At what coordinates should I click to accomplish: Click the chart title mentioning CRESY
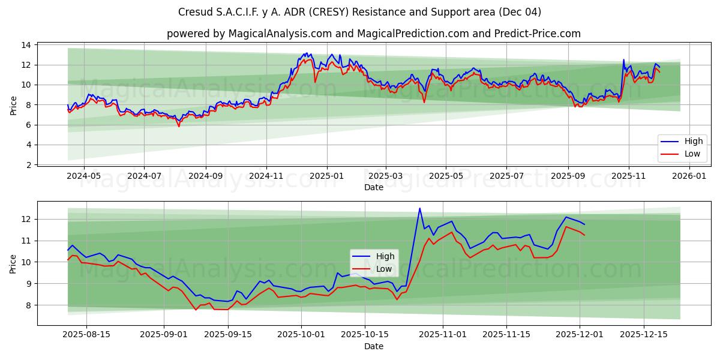pyautogui.click(x=359, y=12)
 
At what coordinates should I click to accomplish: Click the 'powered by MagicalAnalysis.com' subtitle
pyautogui.click(x=373, y=34)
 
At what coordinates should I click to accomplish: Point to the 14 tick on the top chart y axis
pyautogui.click(x=27, y=45)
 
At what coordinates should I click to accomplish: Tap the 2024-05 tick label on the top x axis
pyautogui.click(x=83, y=176)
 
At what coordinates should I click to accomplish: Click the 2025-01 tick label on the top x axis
pyautogui.click(x=327, y=176)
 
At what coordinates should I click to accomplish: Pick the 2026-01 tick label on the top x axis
pyautogui.click(x=689, y=176)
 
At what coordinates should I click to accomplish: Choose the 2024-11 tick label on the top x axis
pyautogui.click(x=266, y=176)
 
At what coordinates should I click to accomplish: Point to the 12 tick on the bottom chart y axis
pyautogui.click(x=27, y=220)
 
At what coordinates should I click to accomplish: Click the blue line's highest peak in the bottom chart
pyautogui.click(x=419, y=208)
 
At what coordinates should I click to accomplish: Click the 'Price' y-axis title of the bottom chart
pyautogui.click(x=13, y=263)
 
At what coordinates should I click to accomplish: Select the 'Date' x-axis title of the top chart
pyautogui.click(x=373, y=187)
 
